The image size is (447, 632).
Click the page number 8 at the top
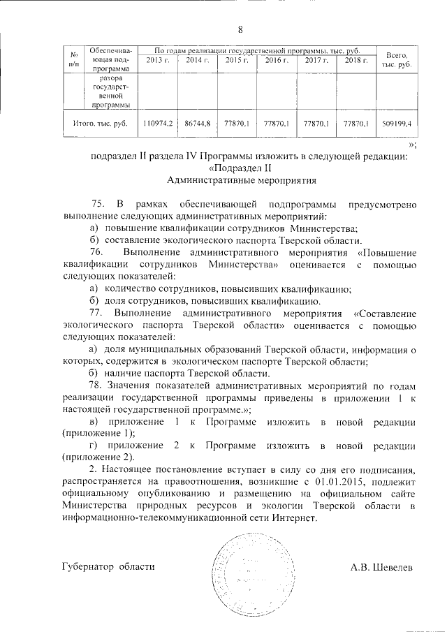point(240,29)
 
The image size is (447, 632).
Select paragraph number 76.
point(98,251)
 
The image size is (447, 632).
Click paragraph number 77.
point(98,314)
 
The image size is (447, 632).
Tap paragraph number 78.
point(98,386)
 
